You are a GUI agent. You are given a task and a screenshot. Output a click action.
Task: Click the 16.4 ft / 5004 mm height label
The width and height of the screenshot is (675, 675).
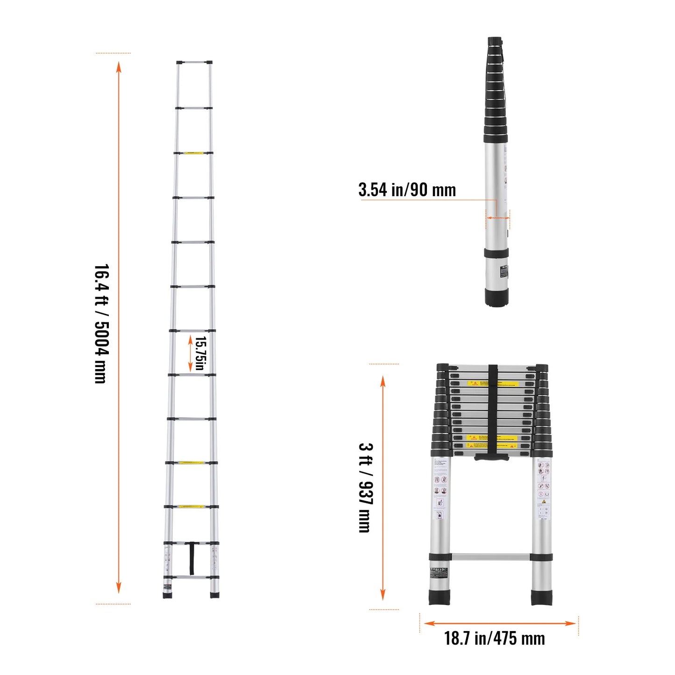101,324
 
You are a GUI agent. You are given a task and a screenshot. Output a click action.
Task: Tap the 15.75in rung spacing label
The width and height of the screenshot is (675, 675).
200,353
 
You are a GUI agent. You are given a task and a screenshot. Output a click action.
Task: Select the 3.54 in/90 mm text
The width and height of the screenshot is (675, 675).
407,190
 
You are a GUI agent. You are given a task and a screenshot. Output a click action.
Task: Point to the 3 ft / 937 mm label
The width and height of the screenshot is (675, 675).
365,487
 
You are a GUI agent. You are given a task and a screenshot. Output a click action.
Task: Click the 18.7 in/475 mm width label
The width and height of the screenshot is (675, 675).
494,639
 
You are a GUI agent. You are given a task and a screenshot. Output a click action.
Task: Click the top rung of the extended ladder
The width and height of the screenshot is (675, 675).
194,62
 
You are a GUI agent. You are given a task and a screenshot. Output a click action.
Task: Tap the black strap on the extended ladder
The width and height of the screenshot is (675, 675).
192,558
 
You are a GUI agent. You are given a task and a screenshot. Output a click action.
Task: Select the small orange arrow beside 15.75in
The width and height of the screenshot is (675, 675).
190,353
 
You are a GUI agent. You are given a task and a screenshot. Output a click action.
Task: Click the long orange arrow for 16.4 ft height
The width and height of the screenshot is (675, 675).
119,327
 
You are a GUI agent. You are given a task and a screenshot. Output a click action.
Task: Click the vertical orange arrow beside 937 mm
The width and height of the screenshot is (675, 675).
383,487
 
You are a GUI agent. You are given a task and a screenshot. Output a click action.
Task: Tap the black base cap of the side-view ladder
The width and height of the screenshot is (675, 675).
496,297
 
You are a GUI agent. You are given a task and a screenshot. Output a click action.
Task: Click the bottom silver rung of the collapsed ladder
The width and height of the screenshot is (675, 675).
490,557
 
